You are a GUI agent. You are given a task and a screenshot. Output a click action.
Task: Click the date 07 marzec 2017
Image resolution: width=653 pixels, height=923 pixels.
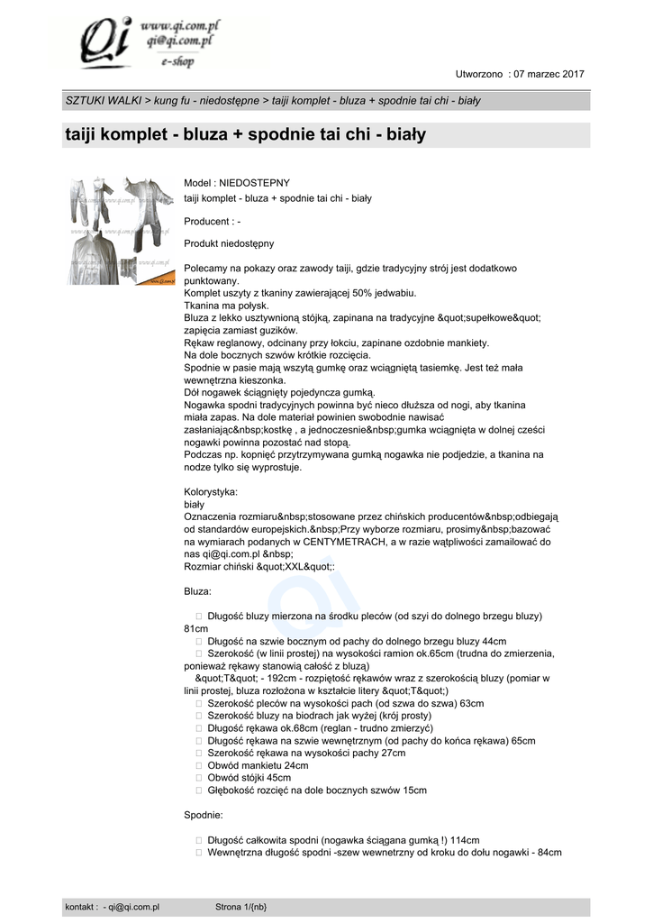tap(549, 73)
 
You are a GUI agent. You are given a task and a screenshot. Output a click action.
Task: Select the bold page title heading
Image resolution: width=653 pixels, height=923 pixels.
tap(245, 136)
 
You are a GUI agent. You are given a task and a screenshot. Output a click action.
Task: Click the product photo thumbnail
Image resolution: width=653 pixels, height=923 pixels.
tap(122, 231)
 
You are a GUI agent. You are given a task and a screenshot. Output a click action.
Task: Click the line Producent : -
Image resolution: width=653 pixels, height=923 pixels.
tap(212, 221)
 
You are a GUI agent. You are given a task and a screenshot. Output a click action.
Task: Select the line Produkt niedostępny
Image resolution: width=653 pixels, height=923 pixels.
tap(229, 243)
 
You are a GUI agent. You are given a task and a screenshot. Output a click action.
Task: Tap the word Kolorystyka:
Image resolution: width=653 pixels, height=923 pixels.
tap(211, 492)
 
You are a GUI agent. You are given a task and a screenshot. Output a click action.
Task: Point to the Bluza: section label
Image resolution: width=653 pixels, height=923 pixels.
tap(198, 591)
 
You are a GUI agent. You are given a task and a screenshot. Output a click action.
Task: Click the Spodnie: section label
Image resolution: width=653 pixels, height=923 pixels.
tap(204, 815)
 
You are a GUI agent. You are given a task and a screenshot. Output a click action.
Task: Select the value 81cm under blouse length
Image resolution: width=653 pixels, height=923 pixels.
tap(196, 628)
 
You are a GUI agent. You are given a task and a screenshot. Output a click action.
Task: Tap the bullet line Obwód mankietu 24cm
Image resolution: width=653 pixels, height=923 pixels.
tap(258, 765)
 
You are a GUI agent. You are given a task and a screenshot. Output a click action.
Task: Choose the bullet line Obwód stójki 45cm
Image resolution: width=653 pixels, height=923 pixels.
tap(249, 778)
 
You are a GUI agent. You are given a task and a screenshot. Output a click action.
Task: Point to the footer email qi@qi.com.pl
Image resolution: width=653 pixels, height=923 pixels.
tap(134, 907)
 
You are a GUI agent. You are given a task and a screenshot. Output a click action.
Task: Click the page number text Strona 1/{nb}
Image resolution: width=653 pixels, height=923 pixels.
tap(241, 907)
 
